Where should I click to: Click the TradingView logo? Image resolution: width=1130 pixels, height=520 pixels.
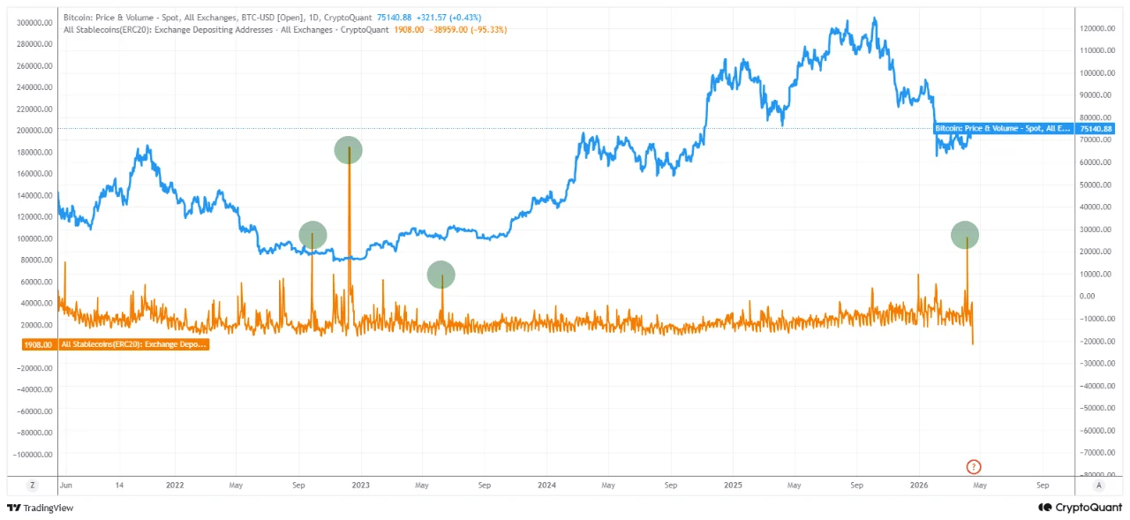pyautogui.click(x=40, y=508)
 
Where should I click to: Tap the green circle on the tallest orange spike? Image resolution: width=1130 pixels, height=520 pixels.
pyautogui.click(x=349, y=150)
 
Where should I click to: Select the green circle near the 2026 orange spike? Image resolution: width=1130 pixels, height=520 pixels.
pyautogui.click(x=965, y=235)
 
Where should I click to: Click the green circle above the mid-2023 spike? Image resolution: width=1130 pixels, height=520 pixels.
pyautogui.click(x=441, y=275)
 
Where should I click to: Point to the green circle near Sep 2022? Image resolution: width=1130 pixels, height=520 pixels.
pyautogui.click(x=313, y=235)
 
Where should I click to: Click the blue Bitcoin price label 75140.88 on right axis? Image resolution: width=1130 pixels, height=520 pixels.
pyautogui.click(x=1096, y=129)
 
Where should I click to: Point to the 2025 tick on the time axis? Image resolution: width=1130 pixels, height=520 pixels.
pyautogui.click(x=733, y=486)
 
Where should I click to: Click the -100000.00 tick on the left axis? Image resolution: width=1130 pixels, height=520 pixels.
pyautogui.click(x=32, y=454)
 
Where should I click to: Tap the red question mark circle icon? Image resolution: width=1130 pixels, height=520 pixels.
pyautogui.click(x=974, y=466)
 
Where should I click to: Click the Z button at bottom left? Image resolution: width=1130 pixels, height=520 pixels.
pyautogui.click(x=33, y=485)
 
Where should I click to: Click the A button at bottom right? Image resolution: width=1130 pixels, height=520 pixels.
pyautogui.click(x=1098, y=485)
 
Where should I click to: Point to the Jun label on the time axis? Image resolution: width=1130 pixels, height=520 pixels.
pyautogui.click(x=65, y=486)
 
